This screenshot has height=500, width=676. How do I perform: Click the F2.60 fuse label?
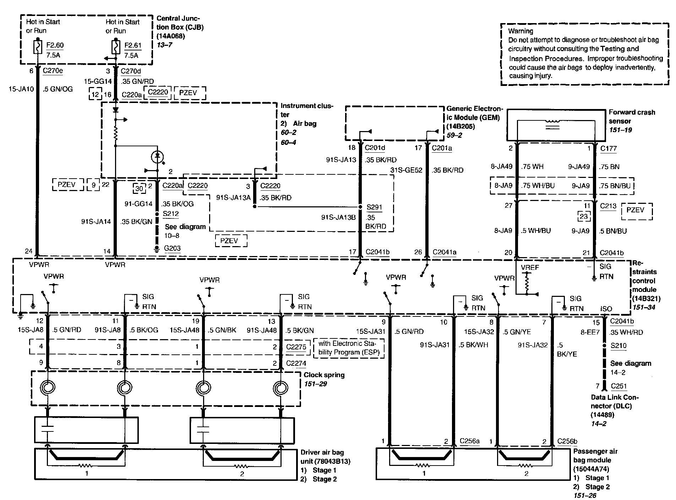click(55, 45)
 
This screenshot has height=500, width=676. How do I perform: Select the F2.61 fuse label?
click(133, 45)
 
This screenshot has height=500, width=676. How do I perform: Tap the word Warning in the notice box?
click(520, 31)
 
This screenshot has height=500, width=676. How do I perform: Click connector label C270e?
click(53, 71)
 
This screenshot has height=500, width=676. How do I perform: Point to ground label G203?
click(172, 248)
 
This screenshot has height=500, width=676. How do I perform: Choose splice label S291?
click(374, 207)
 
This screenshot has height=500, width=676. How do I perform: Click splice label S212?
click(171, 214)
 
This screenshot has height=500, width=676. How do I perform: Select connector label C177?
click(609, 148)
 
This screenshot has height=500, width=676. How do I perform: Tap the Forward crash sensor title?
click(632, 116)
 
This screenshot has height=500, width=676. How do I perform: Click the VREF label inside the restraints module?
click(530, 267)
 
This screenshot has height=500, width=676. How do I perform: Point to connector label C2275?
click(296, 347)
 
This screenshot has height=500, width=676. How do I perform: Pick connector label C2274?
click(296, 363)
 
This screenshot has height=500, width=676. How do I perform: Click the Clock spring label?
click(324, 375)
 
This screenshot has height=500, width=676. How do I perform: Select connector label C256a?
click(470, 441)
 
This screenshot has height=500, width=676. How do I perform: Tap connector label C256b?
click(567, 441)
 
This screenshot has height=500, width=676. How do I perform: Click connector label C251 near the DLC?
click(619, 386)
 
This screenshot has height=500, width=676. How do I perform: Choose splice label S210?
click(618, 346)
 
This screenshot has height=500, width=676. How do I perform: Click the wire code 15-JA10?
click(21, 89)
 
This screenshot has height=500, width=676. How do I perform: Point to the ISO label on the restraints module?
click(606, 309)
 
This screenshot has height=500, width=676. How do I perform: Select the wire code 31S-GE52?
click(407, 170)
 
